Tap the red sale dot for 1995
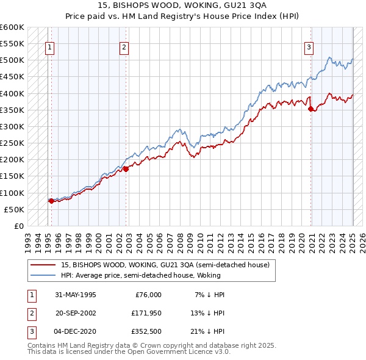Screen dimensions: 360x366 pyautogui.click(x=51, y=201)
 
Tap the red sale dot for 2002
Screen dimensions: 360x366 pyautogui.click(x=126, y=169)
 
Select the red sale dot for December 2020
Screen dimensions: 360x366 pyautogui.click(x=311, y=109)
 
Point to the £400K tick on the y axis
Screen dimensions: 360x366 pyautogui.click(x=13, y=93)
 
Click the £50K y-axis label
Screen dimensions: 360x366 pyautogui.click(x=15, y=209)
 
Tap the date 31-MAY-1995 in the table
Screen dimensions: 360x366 pyautogui.click(x=75, y=294)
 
